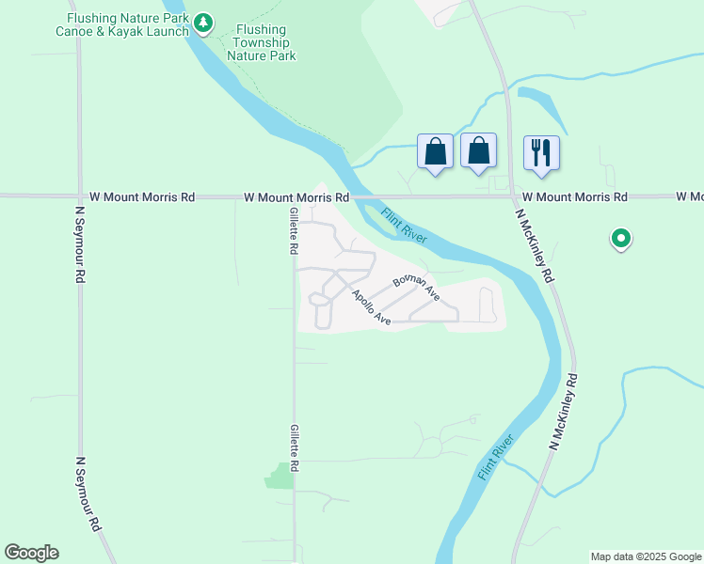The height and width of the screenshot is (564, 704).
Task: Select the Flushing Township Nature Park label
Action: [x=262, y=42]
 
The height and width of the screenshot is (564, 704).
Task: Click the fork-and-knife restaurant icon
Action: [x=541, y=151]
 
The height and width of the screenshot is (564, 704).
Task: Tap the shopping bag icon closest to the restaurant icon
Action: [x=478, y=150]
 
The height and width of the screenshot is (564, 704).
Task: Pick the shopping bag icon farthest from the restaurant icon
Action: [x=435, y=151]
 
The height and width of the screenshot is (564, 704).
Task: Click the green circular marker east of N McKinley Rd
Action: [x=620, y=239]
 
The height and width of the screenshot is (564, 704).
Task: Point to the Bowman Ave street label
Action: [x=416, y=287]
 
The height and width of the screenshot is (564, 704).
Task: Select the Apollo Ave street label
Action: [x=371, y=307]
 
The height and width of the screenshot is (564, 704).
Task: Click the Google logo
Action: [x=31, y=553]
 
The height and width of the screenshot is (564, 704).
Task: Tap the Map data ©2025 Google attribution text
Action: [x=646, y=556]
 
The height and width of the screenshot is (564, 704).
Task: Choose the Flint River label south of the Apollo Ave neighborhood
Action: [x=496, y=458]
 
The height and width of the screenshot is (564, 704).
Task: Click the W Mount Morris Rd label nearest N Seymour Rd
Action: [x=137, y=197]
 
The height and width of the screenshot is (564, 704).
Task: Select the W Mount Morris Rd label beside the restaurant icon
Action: [x=574, y=197]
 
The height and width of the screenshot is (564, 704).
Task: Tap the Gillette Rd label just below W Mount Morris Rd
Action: [x=294, y=231]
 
